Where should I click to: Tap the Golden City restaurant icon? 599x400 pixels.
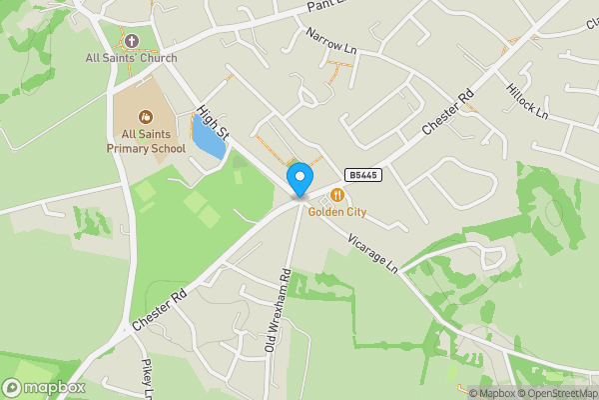point(339,195)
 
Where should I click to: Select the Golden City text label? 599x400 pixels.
point(337,212)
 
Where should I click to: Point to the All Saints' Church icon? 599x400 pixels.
point(132,40)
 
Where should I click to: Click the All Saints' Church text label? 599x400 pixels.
point(132,57)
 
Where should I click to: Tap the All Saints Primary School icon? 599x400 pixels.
point(146,116)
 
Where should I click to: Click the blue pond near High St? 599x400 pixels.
point(208,139)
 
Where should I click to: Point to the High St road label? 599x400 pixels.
point(214,124)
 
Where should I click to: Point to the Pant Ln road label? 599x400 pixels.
point(324,6)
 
